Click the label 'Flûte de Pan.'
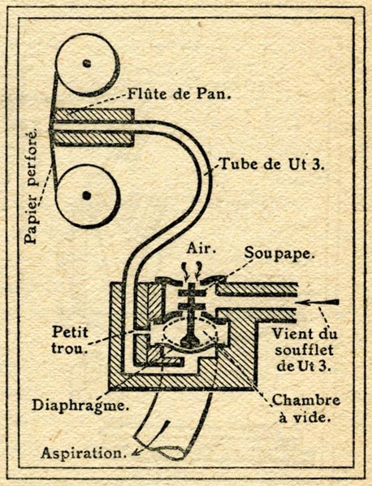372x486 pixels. pos(179,93)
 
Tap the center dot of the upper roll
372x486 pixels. pos(88,63)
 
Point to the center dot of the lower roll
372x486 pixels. pos(87,195)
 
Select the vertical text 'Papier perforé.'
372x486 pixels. pos(32,186)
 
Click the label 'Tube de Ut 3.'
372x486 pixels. pos(271,164)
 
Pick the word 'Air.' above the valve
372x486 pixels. pos(201,248)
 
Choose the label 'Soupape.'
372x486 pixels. pos(279,254)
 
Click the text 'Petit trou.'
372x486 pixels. pos(70,341)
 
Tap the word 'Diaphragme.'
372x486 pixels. pos(80,406)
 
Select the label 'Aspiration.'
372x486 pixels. pos(84,453)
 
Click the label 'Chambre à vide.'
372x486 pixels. pos(306,409)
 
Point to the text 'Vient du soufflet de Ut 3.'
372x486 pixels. pos(304,350)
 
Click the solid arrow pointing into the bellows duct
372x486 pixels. pos(318,302)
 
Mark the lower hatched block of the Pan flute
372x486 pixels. pos(93,138)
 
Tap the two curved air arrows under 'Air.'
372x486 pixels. pos(192,270)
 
